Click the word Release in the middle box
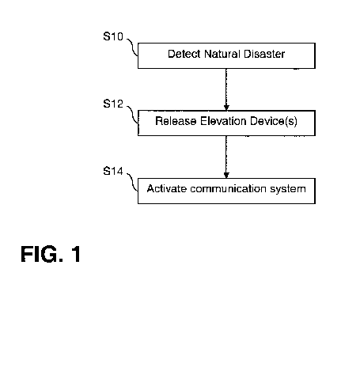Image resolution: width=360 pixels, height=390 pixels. tap(176, 123)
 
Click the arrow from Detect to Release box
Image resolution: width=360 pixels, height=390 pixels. tap(226, 87)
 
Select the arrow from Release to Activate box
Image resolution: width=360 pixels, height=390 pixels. tap(226, 155)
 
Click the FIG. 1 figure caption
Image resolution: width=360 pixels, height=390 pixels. tap(51, 255)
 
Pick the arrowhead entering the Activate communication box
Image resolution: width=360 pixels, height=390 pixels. tap(226, 176)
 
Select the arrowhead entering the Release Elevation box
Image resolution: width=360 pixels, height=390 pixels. tap(226, 108)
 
